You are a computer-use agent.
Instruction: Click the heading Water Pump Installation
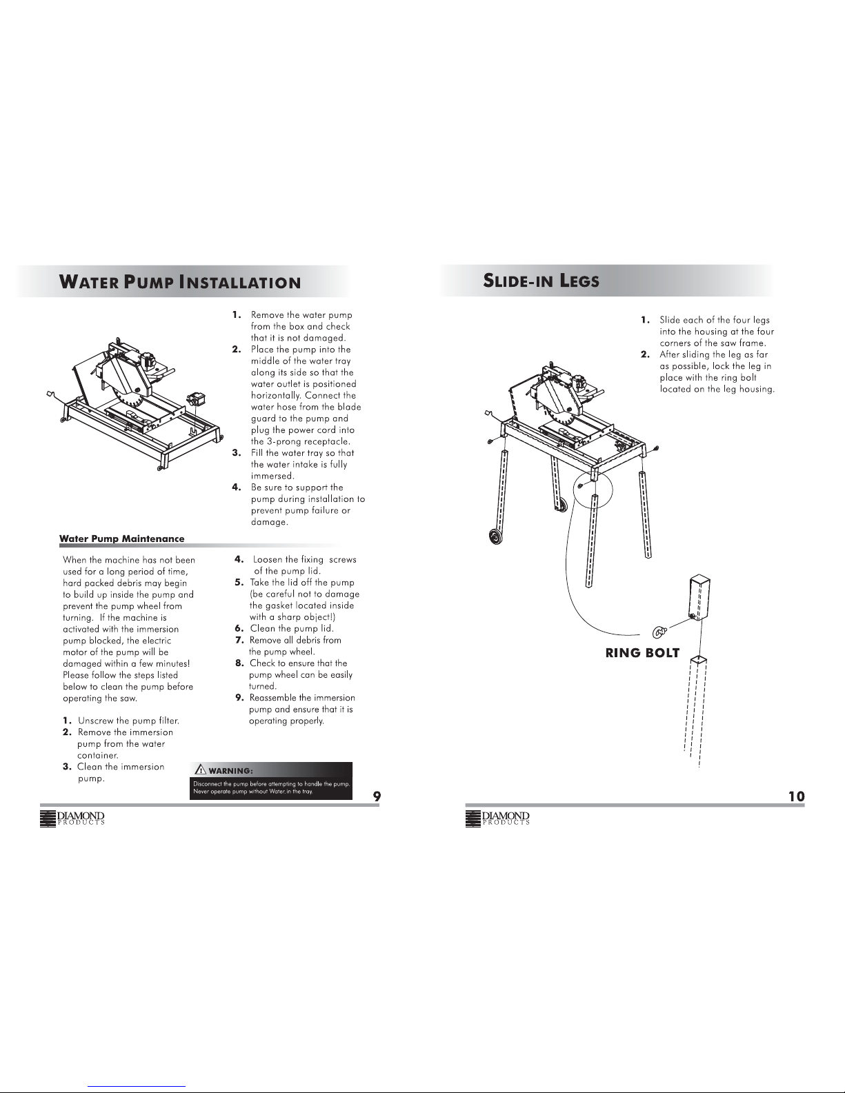point(180,281)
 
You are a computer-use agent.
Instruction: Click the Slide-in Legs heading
point(541,280)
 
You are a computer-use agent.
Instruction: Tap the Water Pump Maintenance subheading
point(121,539)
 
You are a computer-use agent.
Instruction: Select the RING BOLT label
point(642,653)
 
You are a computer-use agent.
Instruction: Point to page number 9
point(377,796)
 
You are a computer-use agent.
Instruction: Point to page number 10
point(797,796)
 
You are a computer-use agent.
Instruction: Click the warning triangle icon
point(200,769)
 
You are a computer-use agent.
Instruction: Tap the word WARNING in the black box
point(230,770)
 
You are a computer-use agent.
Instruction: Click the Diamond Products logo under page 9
point(72,819)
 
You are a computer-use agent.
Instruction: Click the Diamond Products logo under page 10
point(497,819)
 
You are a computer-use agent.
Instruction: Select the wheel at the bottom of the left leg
point(496,537)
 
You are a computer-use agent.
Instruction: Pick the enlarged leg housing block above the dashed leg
point(699,598)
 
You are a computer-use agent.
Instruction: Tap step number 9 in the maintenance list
point(239,698)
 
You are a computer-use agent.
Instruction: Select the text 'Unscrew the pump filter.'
point(128,721)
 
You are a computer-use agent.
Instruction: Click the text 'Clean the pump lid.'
point(292,629)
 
